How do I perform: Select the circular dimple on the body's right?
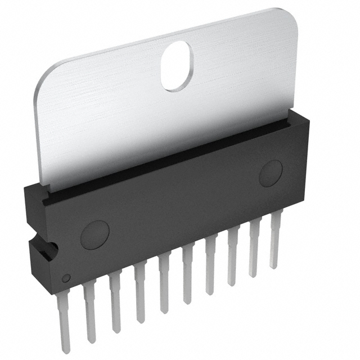271,173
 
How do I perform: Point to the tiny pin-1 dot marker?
65,277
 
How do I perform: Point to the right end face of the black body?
302,169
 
